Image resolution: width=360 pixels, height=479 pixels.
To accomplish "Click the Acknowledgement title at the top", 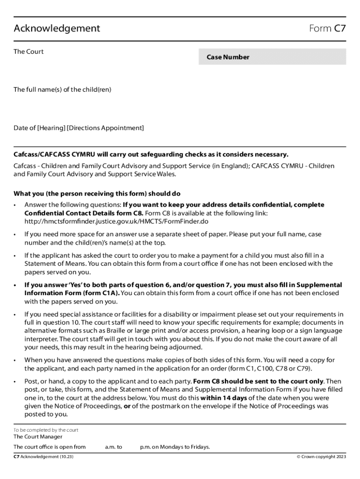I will [x=57, y=29].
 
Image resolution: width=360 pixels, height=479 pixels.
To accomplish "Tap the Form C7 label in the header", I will [x=327, y=29].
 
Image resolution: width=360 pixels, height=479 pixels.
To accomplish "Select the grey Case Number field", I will [x=272, y=57].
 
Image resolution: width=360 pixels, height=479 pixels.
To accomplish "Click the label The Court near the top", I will [x=29, y=52].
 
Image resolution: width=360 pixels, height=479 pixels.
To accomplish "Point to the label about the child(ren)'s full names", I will [x=62, y=89].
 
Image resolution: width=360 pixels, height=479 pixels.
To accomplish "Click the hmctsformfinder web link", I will [x=116, y=221].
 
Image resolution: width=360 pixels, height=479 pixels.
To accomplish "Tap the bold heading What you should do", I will [x=97, y=194].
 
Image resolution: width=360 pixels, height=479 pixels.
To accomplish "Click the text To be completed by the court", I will [x=46, y=430].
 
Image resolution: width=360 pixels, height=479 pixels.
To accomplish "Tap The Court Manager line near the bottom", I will [x=37, y=437].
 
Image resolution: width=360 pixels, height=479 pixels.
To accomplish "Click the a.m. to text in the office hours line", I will [x=114, y=447].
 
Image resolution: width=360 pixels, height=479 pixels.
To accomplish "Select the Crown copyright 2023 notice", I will [x=321, y=457].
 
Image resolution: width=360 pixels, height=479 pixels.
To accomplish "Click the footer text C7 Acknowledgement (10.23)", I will [x=43, y=457].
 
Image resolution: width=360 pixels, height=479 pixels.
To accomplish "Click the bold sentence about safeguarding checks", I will [x=151, y=155].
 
